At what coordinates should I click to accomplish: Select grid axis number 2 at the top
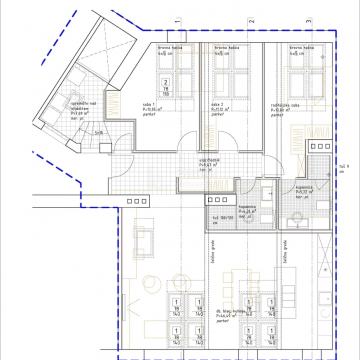(252, 20)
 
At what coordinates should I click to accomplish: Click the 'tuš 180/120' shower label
(221, 215)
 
